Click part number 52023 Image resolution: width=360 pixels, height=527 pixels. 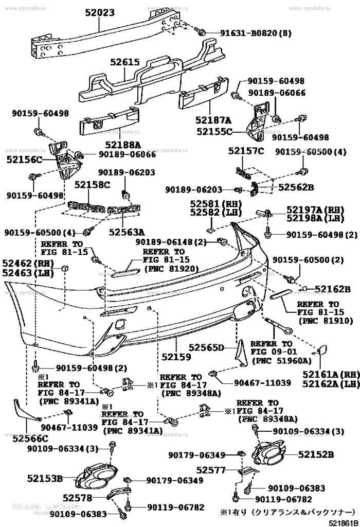pyautogui.click(x=98, y=12)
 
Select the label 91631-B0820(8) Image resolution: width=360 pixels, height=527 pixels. pyautogui.click(x=249, y=33)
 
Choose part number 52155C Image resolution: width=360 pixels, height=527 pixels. pyautogui.click(x=214, y=131)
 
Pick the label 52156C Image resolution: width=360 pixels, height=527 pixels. pyautogui.click(x=24, y=160)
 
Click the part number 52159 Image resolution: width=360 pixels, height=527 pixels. pyautogui.click(x=175, y=356)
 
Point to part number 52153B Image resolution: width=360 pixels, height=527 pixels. pyautogui.click(x=45, y=479)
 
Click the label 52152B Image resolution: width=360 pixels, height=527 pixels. pyautogui.click(x=316, y=454)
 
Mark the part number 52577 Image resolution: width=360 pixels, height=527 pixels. pyautogui.click(x=210, y=470)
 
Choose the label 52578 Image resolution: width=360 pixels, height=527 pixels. pyautogui.click(x=77, y=498)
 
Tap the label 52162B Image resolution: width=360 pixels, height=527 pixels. pyautogui.click(x=332, y=289)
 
